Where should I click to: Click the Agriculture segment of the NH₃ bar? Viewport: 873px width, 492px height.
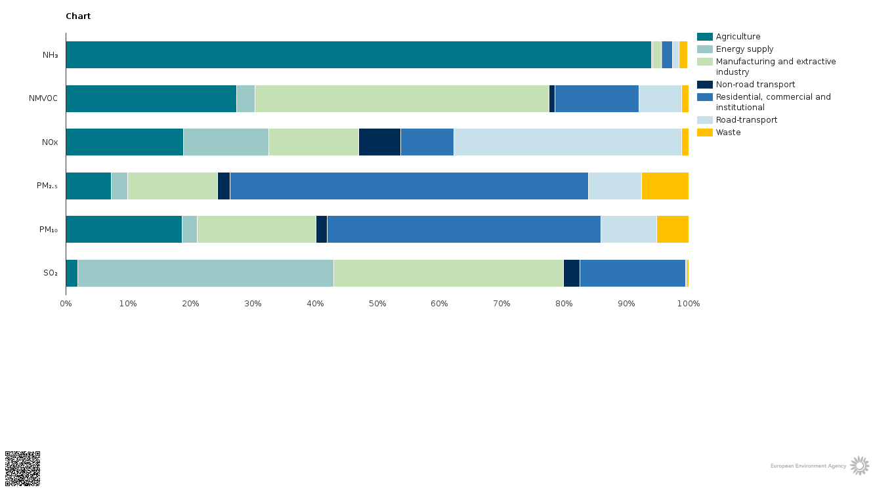358,55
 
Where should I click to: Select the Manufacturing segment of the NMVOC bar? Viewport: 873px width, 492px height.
402,98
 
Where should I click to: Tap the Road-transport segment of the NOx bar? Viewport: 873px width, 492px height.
568,142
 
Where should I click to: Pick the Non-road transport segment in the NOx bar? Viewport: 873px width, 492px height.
379,142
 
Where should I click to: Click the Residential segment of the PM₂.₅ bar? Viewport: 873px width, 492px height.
409,186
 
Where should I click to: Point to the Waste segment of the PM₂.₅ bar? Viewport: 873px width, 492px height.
665,186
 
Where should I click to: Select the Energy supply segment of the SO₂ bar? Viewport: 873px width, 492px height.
205,273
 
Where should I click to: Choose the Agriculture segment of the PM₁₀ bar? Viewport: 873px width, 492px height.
123,229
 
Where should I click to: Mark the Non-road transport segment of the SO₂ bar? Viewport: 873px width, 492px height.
572,273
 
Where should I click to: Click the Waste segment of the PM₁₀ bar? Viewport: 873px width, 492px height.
673,229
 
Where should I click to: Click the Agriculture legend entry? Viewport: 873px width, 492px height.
738,37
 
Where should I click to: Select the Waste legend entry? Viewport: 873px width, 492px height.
728,133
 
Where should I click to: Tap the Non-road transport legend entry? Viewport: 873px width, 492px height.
755,85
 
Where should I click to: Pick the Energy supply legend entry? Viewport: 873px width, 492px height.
744,49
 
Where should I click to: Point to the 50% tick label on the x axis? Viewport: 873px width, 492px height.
377,304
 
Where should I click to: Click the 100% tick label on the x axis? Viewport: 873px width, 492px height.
689,304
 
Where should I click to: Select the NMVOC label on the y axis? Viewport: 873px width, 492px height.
43,98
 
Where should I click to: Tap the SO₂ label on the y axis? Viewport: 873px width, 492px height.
51,273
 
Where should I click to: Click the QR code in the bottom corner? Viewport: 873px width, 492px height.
23,468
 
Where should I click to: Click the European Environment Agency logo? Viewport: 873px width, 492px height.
820,466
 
